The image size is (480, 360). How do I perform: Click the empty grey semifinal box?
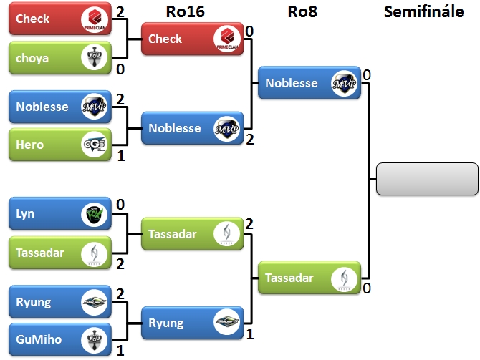[x=427, y=179]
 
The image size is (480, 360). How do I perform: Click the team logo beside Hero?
[x=94, y=145]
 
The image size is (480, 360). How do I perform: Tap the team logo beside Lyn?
[x=94, y=214]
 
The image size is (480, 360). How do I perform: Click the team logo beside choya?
[x=94, y=58]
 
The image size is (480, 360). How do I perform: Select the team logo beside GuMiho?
[x=94, y=340]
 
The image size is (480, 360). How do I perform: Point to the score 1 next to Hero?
[x=120, y=155]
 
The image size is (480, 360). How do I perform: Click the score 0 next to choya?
[x=120, y=69]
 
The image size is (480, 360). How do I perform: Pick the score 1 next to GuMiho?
[x=120, y=351]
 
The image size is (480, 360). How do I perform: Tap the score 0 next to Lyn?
[x=120, y=205]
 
